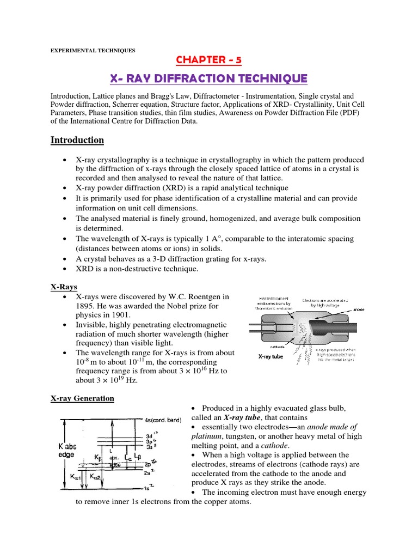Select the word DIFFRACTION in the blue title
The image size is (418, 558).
(x=193, y=79)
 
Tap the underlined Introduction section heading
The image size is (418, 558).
(x=77, y=140)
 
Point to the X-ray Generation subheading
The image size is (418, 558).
(x=82, y=398)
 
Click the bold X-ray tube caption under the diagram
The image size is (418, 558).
(x=273, y=357)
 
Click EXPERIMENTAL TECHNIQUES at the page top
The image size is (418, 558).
(x=93, y=51)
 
